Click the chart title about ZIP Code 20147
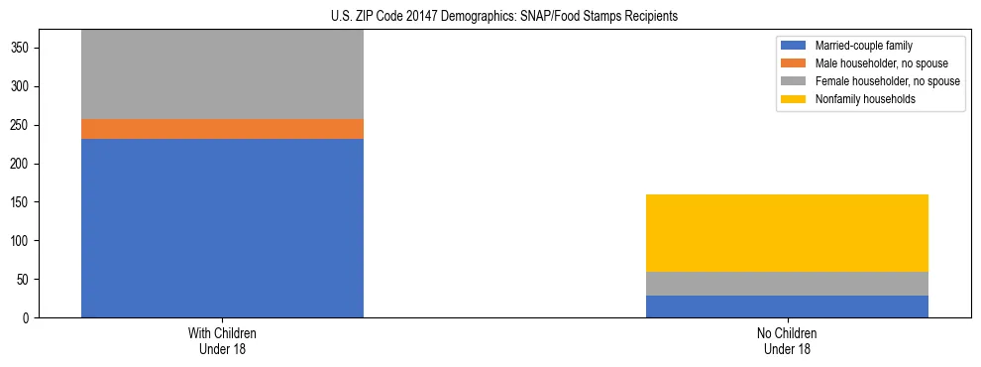504,16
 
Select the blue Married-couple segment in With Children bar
222,228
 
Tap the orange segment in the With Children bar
222,129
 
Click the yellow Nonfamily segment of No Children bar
787,233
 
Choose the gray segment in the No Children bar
787,284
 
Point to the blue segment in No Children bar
787,306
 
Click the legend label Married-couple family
863,46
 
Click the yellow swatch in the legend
794,99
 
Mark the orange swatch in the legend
794,63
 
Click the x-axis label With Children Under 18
222,340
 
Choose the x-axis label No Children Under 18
787,340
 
